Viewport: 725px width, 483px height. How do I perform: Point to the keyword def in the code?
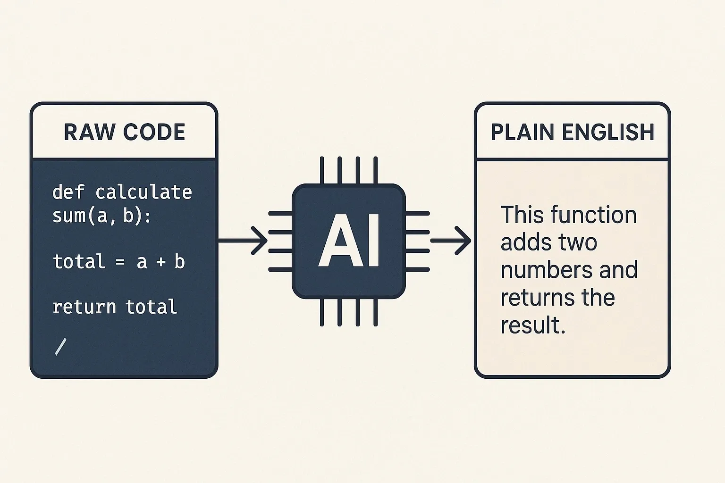(68, 192)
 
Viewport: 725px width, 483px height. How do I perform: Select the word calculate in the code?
(143, 192)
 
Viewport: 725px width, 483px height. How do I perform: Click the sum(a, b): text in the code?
(101, 216)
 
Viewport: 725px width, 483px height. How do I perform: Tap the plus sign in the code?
(160, 262)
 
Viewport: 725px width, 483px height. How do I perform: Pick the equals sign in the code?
(120, 262)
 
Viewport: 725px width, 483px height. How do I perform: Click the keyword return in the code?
(84, 307)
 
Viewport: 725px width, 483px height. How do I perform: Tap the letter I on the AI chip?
(373, 241)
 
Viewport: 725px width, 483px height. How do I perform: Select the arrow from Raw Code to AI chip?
(243, 241)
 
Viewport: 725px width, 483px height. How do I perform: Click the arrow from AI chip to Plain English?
(451, 241)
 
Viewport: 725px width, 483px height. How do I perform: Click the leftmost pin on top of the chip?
(322, 170)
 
